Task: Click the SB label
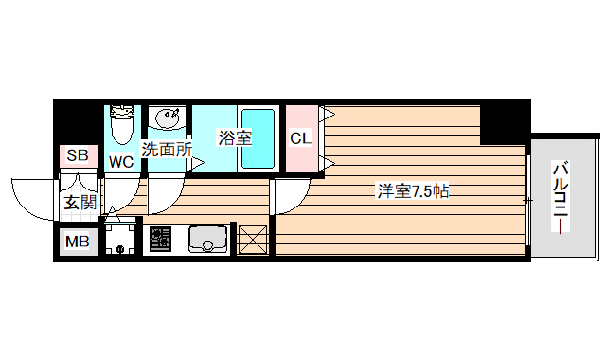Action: (x=78, y=153)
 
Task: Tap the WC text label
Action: (x=120, y=161)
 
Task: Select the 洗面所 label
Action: (x=168, y=149)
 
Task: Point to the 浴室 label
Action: (x=234, y=137)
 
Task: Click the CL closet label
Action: (x=300, y=138)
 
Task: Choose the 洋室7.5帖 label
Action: (x=412, y=191)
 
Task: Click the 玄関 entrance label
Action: (x=80, y=202)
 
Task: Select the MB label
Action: (x=78, y=242)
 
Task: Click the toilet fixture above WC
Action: (x=121, y=123)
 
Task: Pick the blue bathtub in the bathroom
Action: (x=258, y=139)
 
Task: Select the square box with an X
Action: (x=253, y=239)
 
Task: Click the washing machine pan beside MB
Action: (x=120, y=239)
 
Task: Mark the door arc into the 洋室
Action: (x=289, y=194)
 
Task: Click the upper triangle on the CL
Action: (x=329, y=116)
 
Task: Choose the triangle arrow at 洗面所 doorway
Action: (x=198, y=164)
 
